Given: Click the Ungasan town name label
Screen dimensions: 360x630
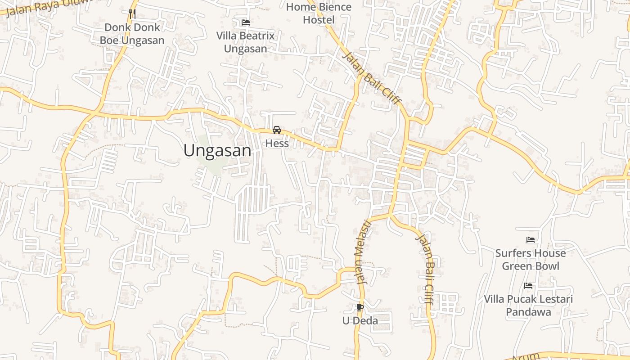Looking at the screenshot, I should click(217, 151).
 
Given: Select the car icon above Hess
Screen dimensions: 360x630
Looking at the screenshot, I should click(277, 130).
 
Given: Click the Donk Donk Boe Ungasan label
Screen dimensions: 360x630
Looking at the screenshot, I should click(132, 34).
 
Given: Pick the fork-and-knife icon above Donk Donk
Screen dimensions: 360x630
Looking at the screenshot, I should click(132, 14).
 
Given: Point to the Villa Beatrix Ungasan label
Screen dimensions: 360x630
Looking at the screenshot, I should click(245, 42).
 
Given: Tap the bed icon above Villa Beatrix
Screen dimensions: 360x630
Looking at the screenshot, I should click(245, 22).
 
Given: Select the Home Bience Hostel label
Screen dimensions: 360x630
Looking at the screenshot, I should click(319, 13).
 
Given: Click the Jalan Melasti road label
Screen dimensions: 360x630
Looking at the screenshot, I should click(363, 252).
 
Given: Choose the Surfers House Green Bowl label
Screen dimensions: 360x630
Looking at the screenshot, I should click(530, 260).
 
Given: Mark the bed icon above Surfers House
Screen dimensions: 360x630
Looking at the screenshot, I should click(531, 240).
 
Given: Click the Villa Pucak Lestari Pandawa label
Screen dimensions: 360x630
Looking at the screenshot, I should click(528, 306).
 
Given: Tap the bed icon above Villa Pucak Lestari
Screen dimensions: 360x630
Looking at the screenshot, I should click(528, 286).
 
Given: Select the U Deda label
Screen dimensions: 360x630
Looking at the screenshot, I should click(360, 321).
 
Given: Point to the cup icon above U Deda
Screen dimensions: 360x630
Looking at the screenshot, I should click(360, 307).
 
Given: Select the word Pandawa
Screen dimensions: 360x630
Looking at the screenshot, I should click(528, 312).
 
